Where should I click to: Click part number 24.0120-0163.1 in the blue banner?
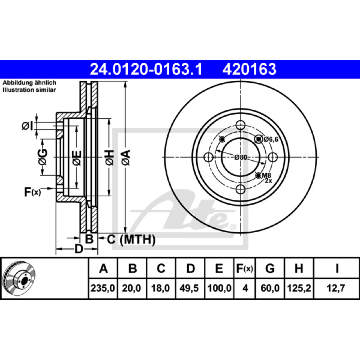pos(146,69)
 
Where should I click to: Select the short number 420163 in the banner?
pos(249,69)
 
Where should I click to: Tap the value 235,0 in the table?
pos(103,288)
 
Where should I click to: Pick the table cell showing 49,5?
pos(189,288)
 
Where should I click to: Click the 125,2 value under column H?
pos(299,288)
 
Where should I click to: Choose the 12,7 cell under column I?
pos(336,288)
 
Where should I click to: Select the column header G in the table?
pos(270,268)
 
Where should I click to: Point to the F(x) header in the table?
pos(244,268)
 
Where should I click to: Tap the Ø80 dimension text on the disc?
pos(241,157)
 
